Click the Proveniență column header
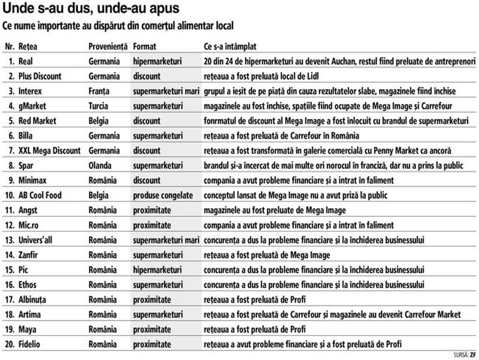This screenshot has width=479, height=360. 108,46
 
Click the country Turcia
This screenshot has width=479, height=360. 99,106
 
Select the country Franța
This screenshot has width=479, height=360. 100,91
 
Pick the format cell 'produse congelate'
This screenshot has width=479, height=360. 163,195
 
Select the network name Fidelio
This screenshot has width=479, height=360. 32,344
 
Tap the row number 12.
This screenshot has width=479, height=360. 10,225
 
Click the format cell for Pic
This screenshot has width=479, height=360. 158,270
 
